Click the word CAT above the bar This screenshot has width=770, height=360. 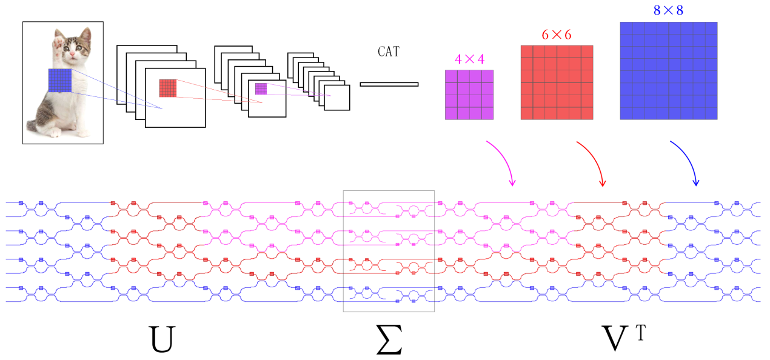tap(389, 52)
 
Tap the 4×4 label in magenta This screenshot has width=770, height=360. tap(469, 59)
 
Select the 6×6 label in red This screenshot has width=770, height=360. tap(557, 35)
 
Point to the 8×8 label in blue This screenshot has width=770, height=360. tap(668, 10)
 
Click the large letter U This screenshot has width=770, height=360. tap(161, 339)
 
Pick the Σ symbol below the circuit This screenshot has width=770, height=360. tap(389, 339)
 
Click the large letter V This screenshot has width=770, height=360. tap(615, 339)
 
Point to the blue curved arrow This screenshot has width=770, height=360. tap(689, 159)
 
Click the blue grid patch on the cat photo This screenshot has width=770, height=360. tap(60, 81)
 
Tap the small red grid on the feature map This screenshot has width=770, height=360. tap(168, 88)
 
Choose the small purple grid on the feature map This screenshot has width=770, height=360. tap(261, 88)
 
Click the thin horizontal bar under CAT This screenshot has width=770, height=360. tap(389, 84)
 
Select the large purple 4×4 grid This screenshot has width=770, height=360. tap(469, 95)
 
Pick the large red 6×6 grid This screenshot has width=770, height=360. tap(557, 82)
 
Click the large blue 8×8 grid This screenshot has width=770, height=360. tap(669, 71)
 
